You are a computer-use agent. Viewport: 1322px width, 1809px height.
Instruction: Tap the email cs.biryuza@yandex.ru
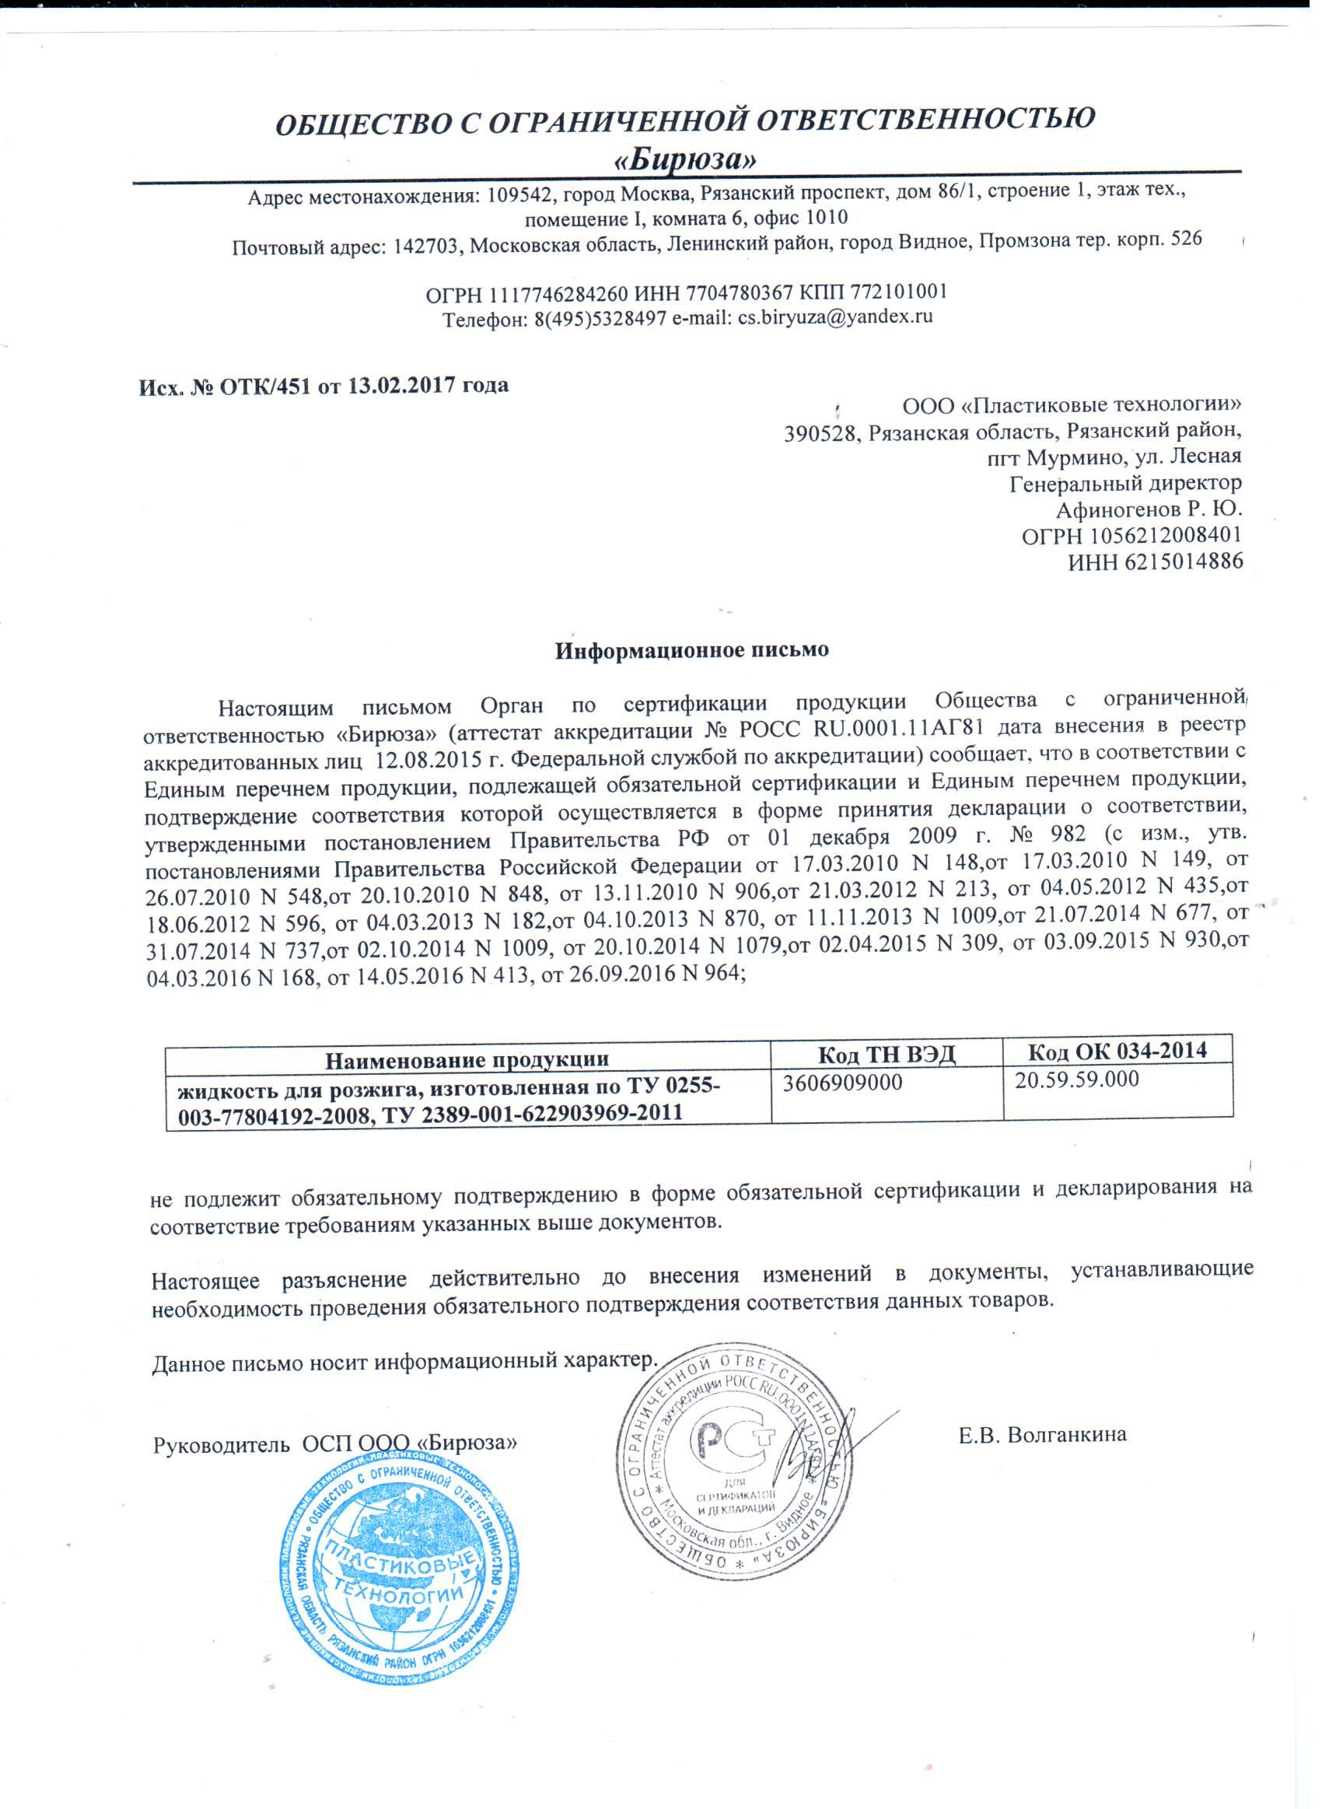pyautogui.click(x=835, y=316)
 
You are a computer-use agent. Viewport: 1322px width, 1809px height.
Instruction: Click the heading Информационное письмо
pyautogui.click(x=691, y=649)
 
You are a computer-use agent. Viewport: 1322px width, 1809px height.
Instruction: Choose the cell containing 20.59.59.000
pyautogui.click(x=1076, y=1079)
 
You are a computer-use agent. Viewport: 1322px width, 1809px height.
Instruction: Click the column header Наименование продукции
pyautogui.click(x=467, y=1059)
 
